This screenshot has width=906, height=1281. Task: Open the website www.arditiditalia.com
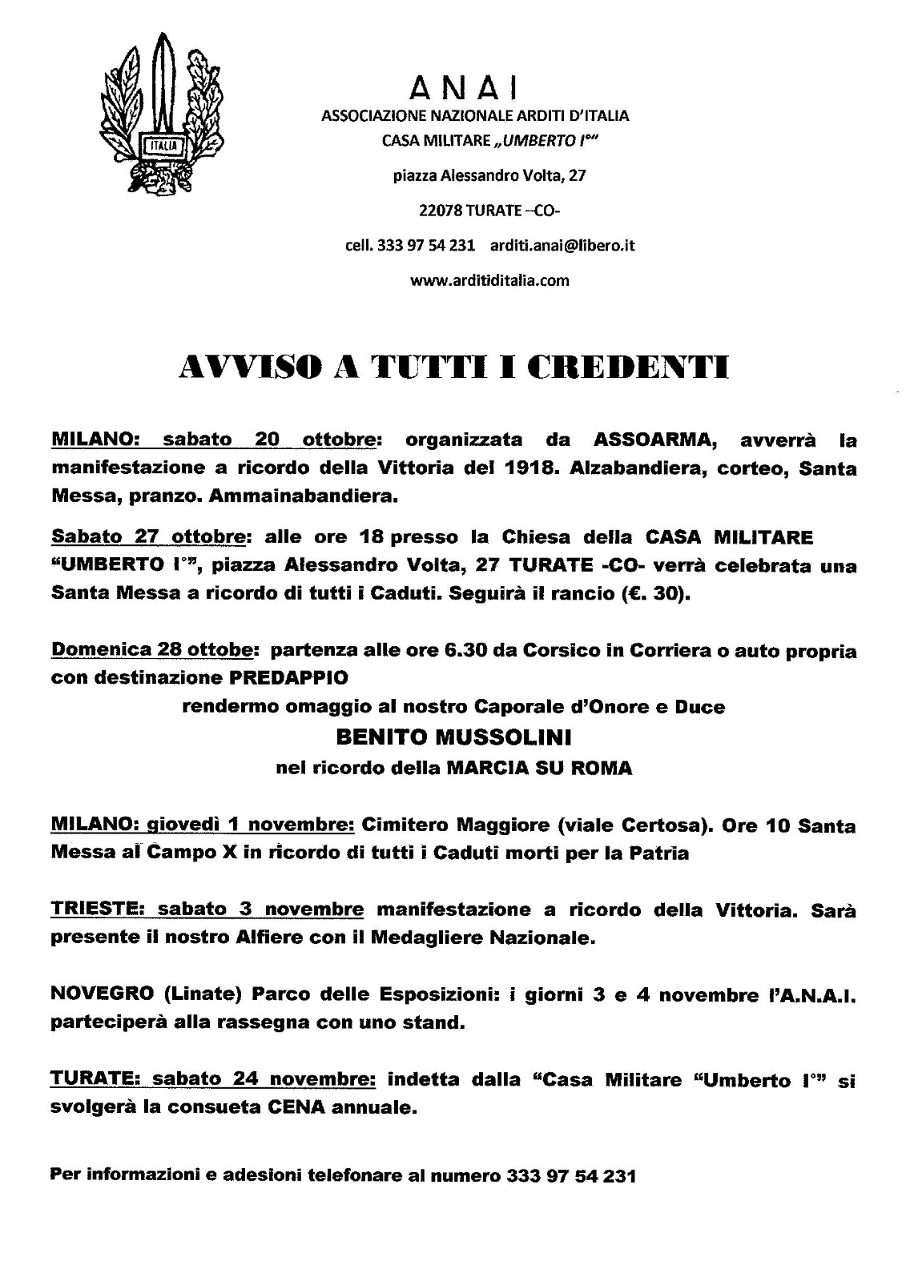pos(489,280)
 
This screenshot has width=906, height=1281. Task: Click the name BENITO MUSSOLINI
pos(454,736)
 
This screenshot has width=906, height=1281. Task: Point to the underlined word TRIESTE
pos(96,910)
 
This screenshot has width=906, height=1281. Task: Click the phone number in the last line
pos(570,1176)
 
